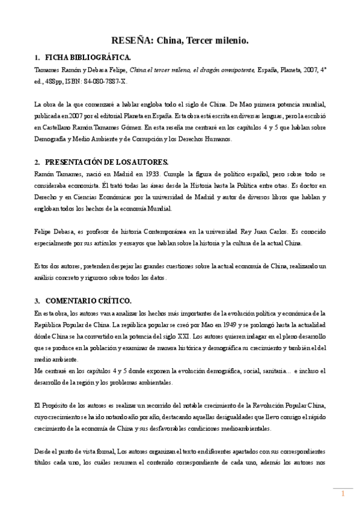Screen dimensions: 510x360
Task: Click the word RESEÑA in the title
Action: tap(131, 40)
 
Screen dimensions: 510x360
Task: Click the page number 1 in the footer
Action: tap(343, 494)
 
